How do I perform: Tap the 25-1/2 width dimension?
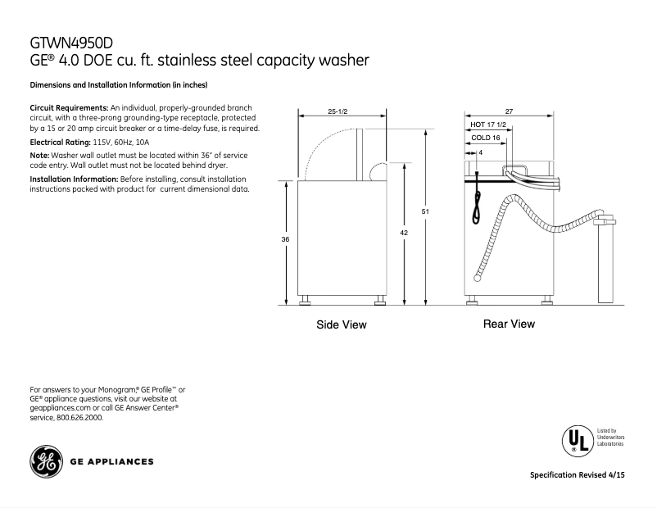(x=338, y=111)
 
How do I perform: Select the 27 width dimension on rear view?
(x=509, y=111)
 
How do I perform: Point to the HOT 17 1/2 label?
(x=488, y=125)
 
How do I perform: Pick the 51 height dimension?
(x=425, y=211)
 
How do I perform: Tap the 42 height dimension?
(x=404, y=233)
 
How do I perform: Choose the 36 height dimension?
(x=285, y=238)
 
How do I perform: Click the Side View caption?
(x=342, y=325)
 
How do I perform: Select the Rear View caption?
(x=509, y=324)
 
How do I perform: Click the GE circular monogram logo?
(x=45, y=461)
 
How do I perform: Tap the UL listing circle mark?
(x=576, y=439)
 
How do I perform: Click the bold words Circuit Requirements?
(x=69, y=108)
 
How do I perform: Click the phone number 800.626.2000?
(x=79, y=417)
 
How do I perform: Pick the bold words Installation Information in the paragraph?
(x=74, y=179)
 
